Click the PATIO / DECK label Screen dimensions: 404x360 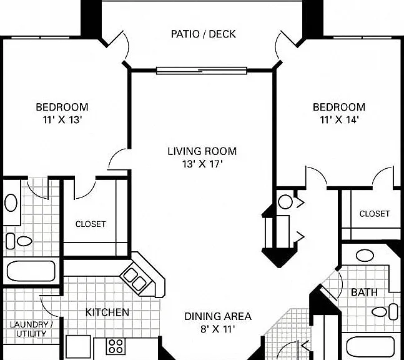click(204, 34)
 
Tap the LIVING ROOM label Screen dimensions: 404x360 click(202, 151)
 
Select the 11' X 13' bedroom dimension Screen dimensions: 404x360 click(62, 119)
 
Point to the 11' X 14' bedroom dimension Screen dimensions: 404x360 click(339, 119)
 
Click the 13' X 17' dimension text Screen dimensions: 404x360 click(202, 164)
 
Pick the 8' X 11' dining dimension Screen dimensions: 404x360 click(218, 329)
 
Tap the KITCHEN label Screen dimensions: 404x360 click(107, 312)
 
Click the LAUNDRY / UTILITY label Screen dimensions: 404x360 click(31, 329)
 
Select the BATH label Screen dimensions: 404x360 click(364, 292)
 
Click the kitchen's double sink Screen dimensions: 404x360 click(135, 279)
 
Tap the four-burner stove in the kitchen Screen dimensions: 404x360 click(116, 346)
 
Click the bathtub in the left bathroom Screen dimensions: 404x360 click(31, 271)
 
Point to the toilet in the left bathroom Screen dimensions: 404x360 click(19, 241)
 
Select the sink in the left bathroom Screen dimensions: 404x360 click(11, 202)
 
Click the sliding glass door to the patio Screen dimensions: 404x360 click(202, 71)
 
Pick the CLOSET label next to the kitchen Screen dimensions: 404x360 click(91, 224)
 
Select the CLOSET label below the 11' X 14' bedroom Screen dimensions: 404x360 click(375, 214)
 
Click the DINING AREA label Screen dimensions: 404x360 click(218, 316)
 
